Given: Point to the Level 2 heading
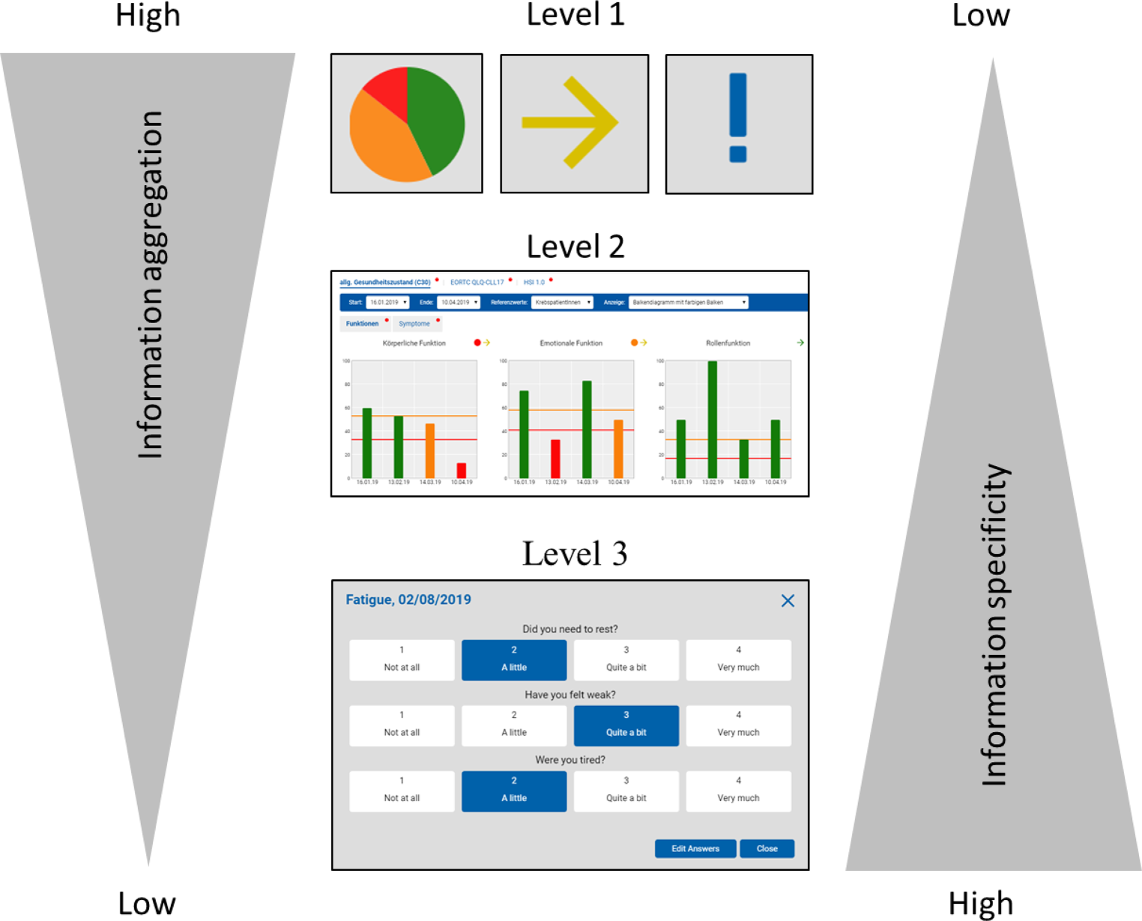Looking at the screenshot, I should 575,247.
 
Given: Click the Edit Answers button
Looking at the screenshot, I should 695,848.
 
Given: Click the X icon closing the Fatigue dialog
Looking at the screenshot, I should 788,600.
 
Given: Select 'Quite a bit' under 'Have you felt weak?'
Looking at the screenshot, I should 626,725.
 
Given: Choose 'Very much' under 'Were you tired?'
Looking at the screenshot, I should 738,791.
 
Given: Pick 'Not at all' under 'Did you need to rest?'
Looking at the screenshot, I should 402,659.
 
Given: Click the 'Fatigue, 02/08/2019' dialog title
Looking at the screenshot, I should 408,600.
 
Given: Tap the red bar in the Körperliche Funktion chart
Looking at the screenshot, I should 462,471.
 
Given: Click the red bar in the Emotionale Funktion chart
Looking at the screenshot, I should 555,459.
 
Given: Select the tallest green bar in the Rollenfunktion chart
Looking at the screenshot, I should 713,420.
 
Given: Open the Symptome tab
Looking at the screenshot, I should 414,324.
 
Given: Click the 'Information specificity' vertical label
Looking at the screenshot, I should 995,626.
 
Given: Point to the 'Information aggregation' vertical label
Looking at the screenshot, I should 150,285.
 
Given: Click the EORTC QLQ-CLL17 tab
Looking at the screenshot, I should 477,283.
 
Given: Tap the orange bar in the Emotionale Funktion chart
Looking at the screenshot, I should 618,448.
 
